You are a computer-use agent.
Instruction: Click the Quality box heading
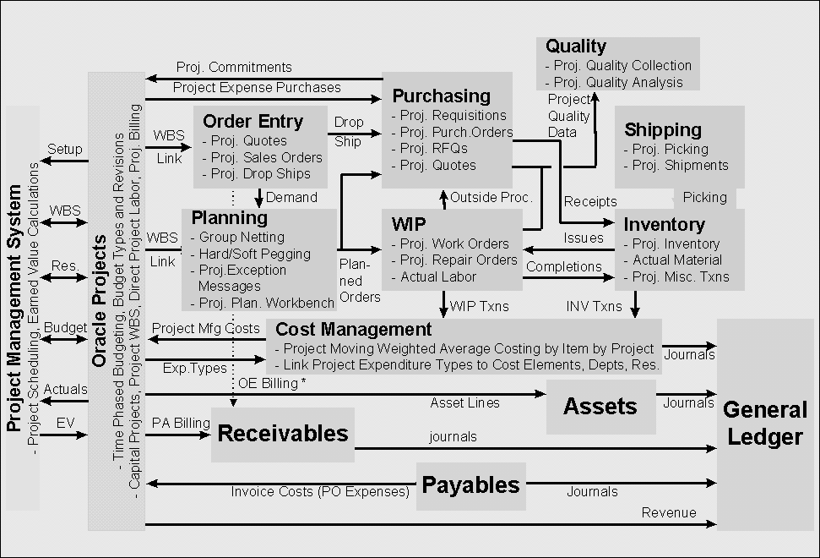[576, 46]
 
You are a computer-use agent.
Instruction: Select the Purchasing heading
[441, 96]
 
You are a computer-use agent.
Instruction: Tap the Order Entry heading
[253, 121]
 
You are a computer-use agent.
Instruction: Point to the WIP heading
[409, 225]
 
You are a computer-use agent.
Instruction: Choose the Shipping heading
[663, 129]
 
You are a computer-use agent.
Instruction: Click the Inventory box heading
[665, 224]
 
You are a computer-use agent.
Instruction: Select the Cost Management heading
[354, 330]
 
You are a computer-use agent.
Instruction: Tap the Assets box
[600, 406]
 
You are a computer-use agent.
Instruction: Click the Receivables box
[283, 434]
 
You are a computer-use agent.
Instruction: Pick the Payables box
[470, 485]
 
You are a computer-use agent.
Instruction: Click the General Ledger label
[765, 424]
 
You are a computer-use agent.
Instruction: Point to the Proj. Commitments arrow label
[234, 67]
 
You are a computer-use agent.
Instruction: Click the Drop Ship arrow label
[349, 132]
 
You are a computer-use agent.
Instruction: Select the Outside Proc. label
[491, 198]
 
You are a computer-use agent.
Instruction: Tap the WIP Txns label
[480, 305]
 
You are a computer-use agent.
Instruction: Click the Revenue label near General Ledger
[669, 512]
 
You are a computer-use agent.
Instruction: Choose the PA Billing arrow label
[180, 422]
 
